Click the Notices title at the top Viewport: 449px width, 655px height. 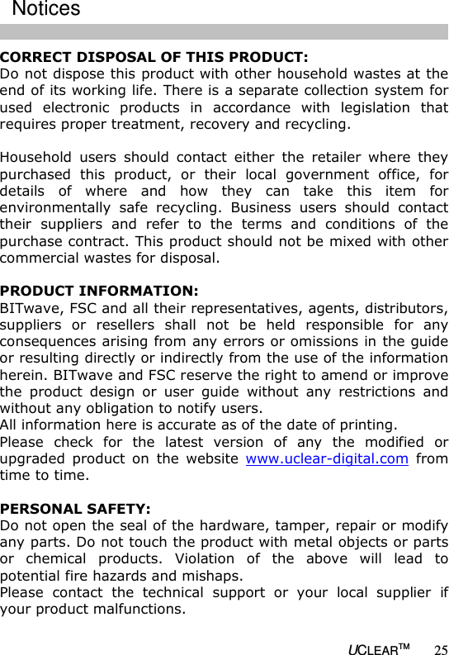click(46, 9)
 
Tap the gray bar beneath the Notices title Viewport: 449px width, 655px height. click(224, 32)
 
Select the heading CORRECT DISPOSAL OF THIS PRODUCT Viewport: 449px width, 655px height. click(154, 58)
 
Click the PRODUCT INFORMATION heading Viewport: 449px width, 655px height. click(99, 292)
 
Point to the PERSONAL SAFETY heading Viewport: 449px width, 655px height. click(75, 509)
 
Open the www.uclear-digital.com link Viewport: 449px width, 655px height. click(327, 459)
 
